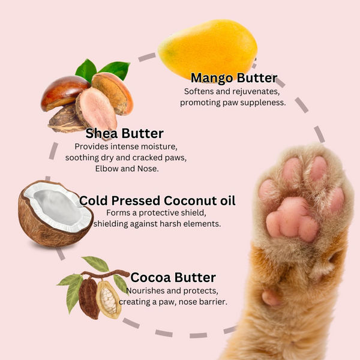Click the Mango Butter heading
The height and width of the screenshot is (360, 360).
pos(233,78)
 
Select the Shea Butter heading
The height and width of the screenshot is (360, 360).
pos(124,133)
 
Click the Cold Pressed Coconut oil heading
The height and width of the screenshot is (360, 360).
pos(157,200)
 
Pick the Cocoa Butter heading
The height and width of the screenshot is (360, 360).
pos(173,277)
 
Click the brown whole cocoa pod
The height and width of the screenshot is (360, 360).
pos(89,298)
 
